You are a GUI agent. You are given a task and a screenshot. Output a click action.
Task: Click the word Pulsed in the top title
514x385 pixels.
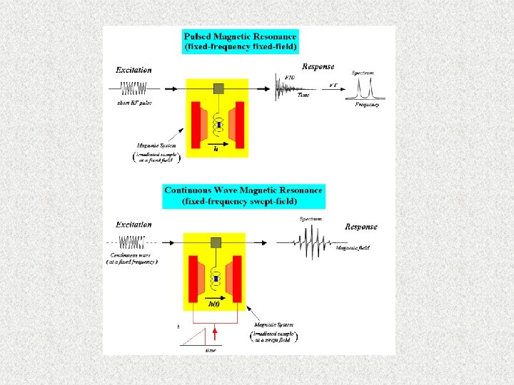(197, 36)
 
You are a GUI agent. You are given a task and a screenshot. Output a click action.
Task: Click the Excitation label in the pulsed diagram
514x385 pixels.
(134, 70)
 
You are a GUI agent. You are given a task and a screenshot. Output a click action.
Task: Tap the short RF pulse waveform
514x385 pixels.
(133, 89)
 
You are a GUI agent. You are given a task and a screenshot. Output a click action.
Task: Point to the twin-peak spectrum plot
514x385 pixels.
(367, 90)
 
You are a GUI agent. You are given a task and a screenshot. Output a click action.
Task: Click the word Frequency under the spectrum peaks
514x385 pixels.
(367, 105)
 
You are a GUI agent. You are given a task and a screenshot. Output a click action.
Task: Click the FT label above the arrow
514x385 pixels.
(333, 85)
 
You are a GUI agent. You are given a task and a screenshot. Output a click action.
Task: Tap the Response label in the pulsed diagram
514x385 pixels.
(318, 66)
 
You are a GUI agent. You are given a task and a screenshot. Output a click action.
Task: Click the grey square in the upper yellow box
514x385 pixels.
(219, 88)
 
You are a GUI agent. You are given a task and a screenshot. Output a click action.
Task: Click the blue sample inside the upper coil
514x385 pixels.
(219, 125)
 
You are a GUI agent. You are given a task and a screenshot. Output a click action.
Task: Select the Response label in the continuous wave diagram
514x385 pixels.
(361, 227)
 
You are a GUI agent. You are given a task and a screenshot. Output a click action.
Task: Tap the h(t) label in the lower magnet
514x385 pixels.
(213, 304)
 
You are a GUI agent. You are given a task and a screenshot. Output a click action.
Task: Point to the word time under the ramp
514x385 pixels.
(211, 350)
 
